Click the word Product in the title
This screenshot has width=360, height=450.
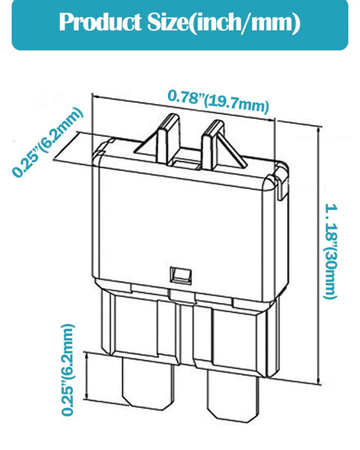click(100, 22)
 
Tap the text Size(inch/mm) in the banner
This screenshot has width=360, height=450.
click(223, 22)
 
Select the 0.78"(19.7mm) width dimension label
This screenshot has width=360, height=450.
click(218, 101)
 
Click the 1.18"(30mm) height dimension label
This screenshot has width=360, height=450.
click(330, 252)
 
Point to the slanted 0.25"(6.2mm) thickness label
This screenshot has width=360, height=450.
click(48, 142)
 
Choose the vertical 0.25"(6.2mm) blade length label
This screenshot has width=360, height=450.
click(68, 370)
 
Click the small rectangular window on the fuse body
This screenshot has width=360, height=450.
click(181, 275)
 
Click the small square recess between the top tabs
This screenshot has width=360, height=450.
click(185, 163)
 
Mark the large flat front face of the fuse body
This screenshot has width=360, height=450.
click(181, 229)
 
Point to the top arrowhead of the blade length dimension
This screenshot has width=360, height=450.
click(86, 356)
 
